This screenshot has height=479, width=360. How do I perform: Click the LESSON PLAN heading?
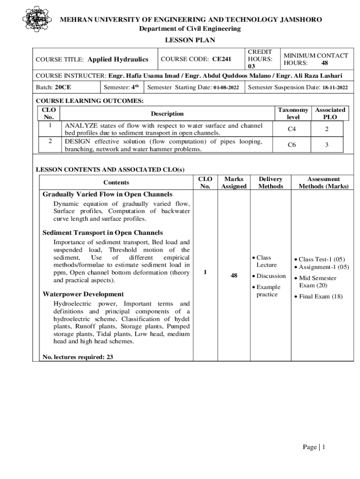pyautogui.click(x=190, y=40)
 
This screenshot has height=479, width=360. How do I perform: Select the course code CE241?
pyautogui.click(x=222, y=59)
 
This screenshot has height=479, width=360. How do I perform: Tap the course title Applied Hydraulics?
pyautogui.click(x=118, y=59)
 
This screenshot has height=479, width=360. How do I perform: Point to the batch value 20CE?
pyautogui.click(x=63, y=87)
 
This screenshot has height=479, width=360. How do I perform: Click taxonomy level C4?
pyautogui.click(x=292, y=129)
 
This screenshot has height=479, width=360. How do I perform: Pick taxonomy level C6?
pyautogui.click(x=292, y=145)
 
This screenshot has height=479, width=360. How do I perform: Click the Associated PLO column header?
pyautogui.click(x=330, y=114)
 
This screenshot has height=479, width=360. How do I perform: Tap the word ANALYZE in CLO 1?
pyautogui.click(x=81, y=125)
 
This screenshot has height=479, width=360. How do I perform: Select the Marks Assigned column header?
pyautogui.click(x=234, y=182)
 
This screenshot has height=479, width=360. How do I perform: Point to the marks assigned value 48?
pyautogui.click(x=234, y=276)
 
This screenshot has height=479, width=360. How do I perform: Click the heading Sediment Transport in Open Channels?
pyautogui.click(x=102, y=232)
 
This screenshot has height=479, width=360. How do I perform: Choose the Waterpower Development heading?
pyautogui.click(x=83, y=294)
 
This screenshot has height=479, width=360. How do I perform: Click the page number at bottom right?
pyautogui.click(x=313, y=447)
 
